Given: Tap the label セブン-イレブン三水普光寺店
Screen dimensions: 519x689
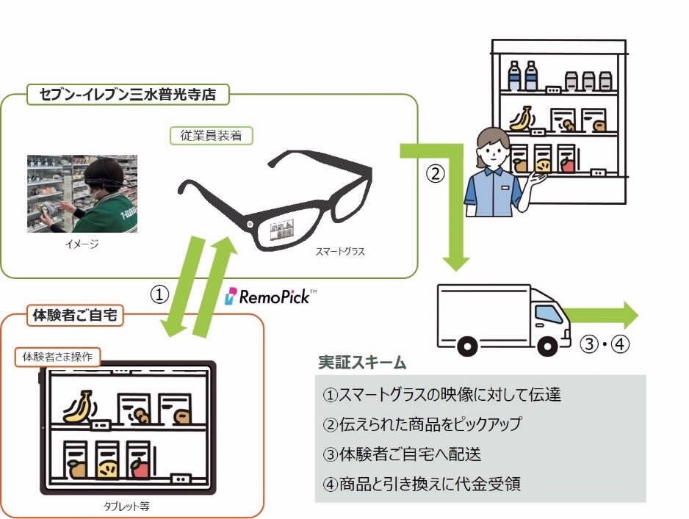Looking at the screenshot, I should pyautogui.click(x=128, y=94).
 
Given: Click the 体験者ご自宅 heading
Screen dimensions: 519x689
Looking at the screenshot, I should pyautogui.click(x=76, y=316).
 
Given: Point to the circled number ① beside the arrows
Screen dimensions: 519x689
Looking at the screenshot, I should pyautogui.click(x=159, y=294).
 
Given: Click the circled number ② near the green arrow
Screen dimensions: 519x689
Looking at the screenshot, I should pyautogui.click(x=436, y=174).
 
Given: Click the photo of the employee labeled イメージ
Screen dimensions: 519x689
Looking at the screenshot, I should pyautogui.click(x=82, y=194).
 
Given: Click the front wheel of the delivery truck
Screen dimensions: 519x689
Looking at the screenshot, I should pyautogui.click(x=547, y=344).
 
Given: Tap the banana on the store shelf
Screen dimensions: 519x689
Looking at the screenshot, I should pyautogui.click(x=522, y=118).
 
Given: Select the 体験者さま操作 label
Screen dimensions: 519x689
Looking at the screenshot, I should pyautogui.click(x=57, y=358).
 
